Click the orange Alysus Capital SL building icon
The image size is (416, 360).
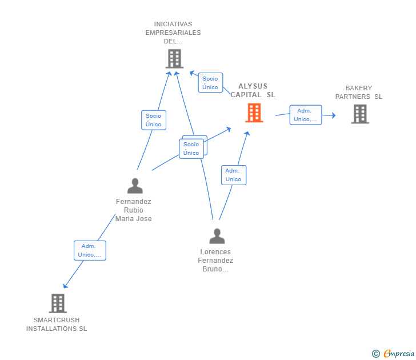[254, 113]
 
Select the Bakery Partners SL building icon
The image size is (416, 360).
[359, 114]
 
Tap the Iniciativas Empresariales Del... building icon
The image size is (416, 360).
[174, 58]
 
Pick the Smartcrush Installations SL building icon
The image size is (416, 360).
[58, 303]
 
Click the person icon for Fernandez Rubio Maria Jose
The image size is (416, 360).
[135, 186]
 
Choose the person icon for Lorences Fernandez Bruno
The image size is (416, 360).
[217, 235]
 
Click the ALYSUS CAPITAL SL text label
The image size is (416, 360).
[253, 90]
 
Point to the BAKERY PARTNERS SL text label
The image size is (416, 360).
[359, 93]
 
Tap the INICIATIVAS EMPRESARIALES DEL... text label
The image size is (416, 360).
[173, 33]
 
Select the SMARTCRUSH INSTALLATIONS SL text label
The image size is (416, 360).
[57, 325]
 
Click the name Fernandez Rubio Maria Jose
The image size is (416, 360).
[134, 210]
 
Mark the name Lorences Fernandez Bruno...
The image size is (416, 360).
[215, 261]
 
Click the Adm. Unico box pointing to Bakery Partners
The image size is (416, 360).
[305, 115]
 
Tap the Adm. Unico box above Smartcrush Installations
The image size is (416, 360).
[90, 250]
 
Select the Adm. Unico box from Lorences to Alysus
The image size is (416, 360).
[233, 175]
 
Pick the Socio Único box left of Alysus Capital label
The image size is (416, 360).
[210, 83]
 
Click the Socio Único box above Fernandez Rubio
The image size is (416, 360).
[153, 120]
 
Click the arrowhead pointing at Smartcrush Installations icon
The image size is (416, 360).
[65, 286]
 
